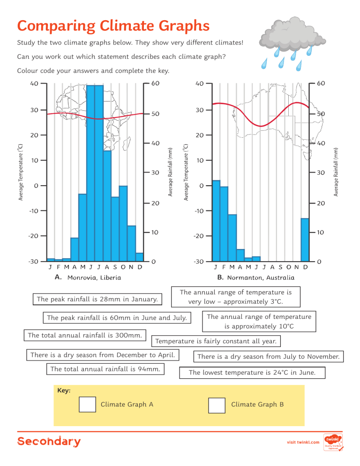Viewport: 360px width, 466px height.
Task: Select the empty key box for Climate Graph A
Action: (x=87, y=405)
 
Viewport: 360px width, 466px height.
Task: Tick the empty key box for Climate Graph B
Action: (x=217, y=405)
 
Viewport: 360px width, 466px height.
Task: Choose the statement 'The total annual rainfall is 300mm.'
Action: (x=85, y=335)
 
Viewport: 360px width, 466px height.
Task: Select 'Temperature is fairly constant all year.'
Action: (x=218, y=341)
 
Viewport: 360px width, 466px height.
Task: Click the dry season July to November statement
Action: (x=268, y=357)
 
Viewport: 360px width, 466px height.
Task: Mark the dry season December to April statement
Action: (x=103, y=355)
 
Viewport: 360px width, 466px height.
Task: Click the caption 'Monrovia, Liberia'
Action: (x=94, y=278)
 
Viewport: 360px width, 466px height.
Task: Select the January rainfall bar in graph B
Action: (x=216, y=220)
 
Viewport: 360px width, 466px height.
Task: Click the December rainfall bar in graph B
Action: (x=305, y=240)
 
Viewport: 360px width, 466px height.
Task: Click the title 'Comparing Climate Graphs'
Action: (x=113, y=24)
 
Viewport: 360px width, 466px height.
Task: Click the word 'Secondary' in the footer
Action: (x=49, y=442)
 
